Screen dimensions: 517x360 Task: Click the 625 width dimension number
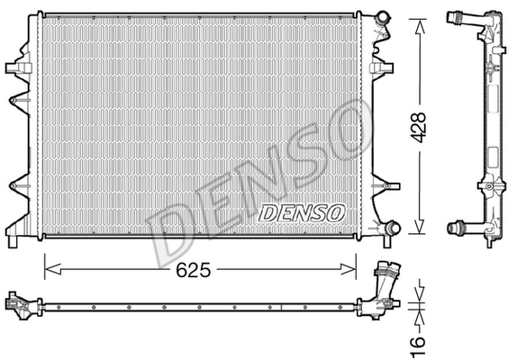194,270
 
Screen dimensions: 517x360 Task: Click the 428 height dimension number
420,128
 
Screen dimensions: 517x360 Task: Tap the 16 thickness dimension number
418,346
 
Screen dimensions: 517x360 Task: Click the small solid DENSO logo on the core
302,213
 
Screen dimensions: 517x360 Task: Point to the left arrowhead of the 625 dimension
53,269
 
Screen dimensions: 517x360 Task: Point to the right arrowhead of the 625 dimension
349,269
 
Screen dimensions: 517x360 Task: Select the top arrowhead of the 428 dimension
420,26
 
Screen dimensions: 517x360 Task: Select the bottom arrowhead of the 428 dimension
420,227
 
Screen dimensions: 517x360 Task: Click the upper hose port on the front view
383,17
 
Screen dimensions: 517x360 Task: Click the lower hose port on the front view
393,228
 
